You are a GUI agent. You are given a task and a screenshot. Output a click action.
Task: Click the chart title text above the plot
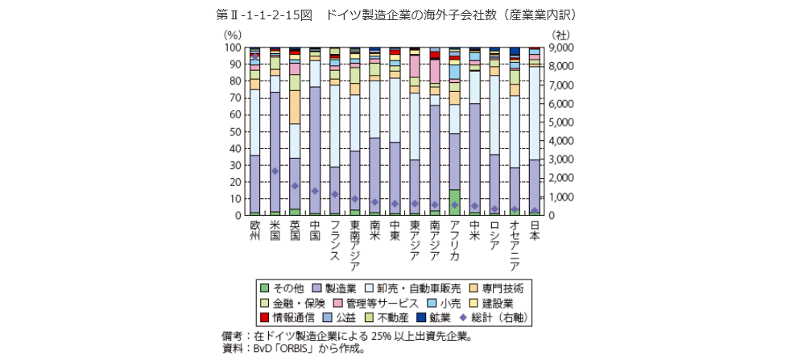pyautogui.click(x=398, y=15)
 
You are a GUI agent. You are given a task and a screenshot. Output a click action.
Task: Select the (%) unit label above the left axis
pyautogui.click(x=232, y=35)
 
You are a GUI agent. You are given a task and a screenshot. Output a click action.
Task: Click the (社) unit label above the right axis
pyautogui.click(x=561, y=35)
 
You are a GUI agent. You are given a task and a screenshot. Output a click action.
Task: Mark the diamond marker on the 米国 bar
pyautogui.click(x=275, y=171)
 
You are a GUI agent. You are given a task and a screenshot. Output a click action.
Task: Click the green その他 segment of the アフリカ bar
pyautogui.click(x=454, y=202)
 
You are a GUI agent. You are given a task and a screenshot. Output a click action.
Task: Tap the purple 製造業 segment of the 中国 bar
pyautogui.click(x=315, y=149)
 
